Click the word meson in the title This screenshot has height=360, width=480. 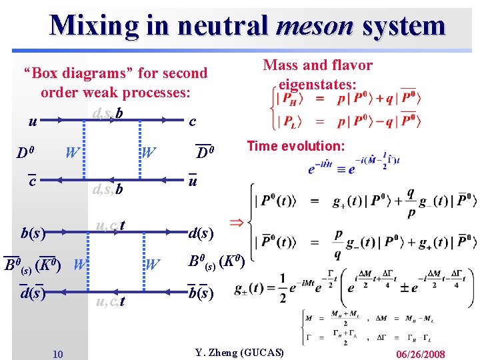tap(314, 25)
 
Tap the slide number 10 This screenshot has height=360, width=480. tap(58, 353)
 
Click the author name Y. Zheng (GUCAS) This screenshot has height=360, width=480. tap(239, 352)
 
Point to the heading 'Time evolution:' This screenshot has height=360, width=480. tap(296, 146)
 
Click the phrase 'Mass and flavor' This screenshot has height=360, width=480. tap(318, 65)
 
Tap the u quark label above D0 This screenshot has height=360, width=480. tap(32, 122)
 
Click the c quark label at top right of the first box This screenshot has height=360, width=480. tap(192, 122)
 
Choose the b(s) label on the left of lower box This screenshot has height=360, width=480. tap(33, 233)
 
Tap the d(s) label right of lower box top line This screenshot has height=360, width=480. tap(201, 234)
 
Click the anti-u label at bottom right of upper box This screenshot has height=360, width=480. tap(192, 181)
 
